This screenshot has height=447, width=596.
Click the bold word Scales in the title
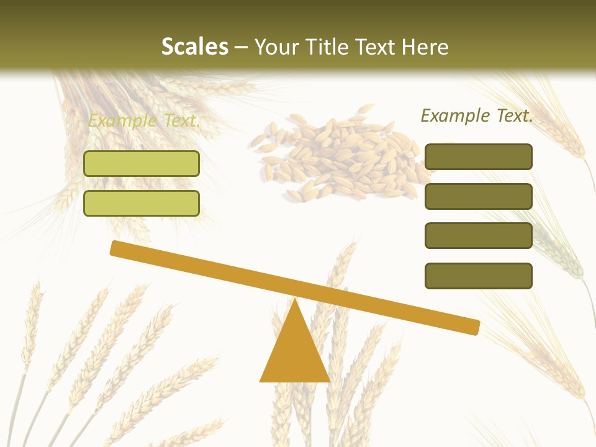[x=194, y=47]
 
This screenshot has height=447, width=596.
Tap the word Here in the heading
[x=425, y=47]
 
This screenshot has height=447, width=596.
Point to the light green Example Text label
[x=144, y=120]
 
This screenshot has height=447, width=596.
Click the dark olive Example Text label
[x=477, y=115]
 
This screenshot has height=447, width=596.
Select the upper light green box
[x=142, y=163]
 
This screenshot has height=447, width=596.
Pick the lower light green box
[x=142, y=203]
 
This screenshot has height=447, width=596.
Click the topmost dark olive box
[x=479, y=156]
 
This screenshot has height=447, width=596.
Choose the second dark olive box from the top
[x=479, y=196]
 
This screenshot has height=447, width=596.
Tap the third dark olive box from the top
[x=479, y=236]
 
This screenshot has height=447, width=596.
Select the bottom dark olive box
[x=479, y=276]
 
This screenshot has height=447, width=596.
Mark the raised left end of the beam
[x=115, y=248]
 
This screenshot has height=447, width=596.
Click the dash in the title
[x=242, y=47]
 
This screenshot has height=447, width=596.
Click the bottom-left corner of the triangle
[x=261, y=381]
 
